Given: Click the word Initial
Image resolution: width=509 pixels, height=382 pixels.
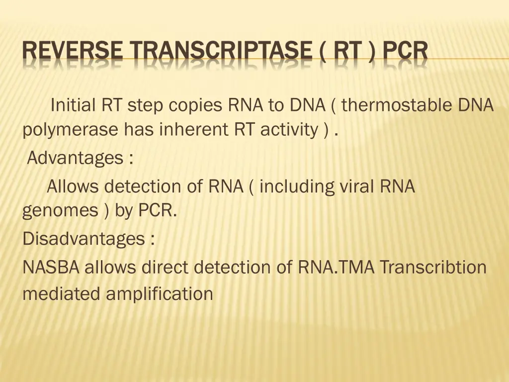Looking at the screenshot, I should [74, 105].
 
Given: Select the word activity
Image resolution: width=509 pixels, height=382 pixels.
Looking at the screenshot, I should [289, 130].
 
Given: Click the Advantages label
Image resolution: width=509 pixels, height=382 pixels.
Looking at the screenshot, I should [75, 159].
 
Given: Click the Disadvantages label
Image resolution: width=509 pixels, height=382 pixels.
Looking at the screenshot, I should [84, 239].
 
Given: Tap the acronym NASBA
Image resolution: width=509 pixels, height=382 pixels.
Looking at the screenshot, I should [51, 268].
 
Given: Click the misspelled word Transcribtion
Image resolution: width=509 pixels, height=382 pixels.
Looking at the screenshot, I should [433, 268].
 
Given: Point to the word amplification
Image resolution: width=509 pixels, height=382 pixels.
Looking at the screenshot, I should [160, 293].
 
